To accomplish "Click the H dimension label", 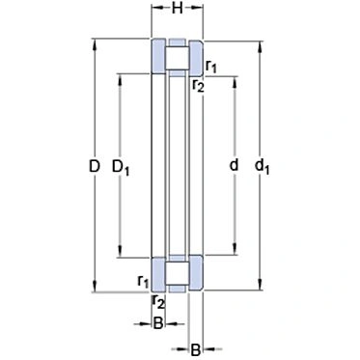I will tap(178, 10).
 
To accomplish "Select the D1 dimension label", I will tap(121, 168).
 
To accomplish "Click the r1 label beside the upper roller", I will tap(211, 66).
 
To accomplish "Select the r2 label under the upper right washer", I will tap(198, 86).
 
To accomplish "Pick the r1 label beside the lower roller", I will tap(143, 281).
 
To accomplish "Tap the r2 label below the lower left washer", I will tap(158, 302).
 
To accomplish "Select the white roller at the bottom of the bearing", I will tap(177, 275).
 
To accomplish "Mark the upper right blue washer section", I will tap(195, 58).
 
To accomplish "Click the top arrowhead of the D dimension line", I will tap(95, 43).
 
